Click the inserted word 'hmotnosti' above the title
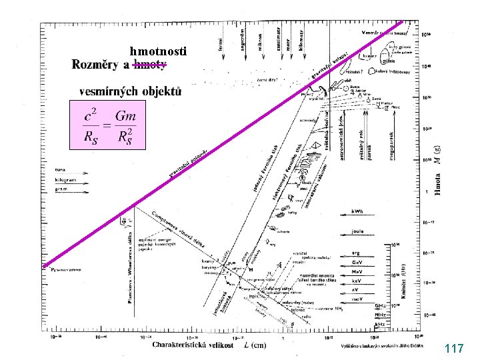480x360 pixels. pos(159,51)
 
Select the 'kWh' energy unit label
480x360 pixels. pos(359,212)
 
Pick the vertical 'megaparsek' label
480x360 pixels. pos(387,147)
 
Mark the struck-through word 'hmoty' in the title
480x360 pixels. pos(150,65)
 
